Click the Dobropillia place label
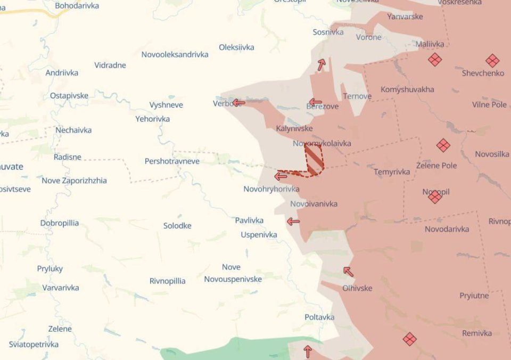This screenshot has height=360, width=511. [59, 223]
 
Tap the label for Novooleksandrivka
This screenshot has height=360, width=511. [175, 54]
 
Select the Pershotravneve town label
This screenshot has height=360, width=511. [172, 161]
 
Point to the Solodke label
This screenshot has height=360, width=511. [177, 225]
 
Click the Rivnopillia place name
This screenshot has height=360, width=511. [167, 281]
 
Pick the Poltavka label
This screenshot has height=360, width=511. [319, 317]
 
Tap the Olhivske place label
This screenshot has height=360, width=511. [357, 288]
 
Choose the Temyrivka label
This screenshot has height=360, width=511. [392, 171]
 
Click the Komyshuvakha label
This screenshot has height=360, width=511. [407, 89]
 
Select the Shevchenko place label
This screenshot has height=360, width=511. [483, 73]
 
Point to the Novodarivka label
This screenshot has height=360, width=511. [447, 229]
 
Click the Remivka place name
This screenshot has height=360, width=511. [477, 333]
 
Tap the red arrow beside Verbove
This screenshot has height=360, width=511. [238, 102]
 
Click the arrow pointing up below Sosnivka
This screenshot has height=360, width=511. [321, 65]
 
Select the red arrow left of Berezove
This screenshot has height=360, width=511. [316, 102]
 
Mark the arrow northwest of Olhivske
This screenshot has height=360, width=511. [348, 272]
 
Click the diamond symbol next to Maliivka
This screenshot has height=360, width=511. [435, 60]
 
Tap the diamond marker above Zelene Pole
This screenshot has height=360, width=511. [443, 145]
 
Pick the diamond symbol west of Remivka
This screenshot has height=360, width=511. [409, 339]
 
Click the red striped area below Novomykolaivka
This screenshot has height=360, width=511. [314, 160]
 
